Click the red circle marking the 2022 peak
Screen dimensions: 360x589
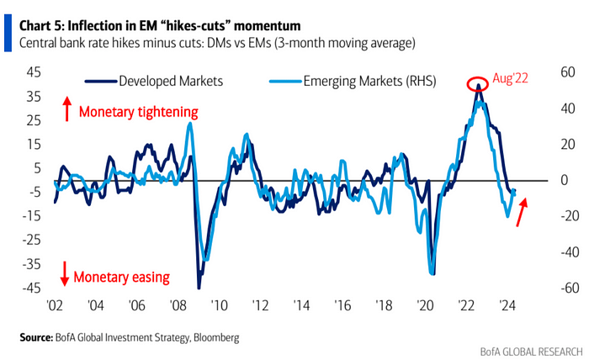click(479, 84)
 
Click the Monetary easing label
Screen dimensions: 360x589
click(121, 276)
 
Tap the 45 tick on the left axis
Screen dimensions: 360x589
click(35, 72)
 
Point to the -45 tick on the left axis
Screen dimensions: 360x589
click(33, 289)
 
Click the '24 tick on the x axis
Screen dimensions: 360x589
click(507, 306)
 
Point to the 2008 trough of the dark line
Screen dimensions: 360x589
click(199, 288)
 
